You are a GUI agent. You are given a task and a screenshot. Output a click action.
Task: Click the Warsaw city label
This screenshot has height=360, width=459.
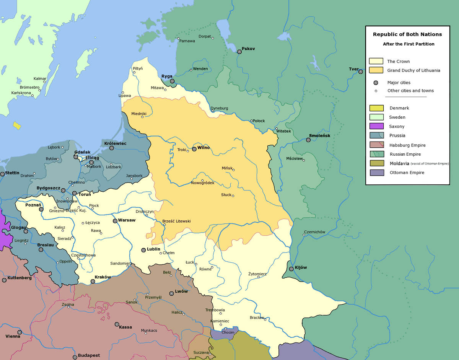[x=127, y=220]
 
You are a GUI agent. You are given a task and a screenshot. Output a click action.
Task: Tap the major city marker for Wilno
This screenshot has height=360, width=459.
[x=194, y=149]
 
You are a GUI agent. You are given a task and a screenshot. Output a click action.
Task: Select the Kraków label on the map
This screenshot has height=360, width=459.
[x=103, y=277]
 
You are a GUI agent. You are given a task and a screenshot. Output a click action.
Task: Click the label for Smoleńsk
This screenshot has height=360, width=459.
[x=319, y=136]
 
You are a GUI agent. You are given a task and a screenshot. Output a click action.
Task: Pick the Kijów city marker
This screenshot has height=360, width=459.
[x=291, y=269]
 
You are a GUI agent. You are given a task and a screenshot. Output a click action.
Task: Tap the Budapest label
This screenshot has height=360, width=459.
[x=89, y=355]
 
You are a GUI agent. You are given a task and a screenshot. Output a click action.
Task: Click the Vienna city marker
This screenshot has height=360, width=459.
[x=20, y=332]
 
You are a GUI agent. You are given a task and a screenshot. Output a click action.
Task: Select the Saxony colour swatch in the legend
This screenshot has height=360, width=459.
[x=376, y=127]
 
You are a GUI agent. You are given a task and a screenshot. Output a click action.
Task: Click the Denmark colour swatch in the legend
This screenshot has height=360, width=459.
[x=376, y=108]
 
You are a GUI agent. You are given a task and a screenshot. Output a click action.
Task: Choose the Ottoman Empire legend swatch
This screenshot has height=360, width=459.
[x=376, y=173]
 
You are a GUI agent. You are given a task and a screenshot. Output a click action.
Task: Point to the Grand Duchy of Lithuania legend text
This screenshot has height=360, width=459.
[x=413, y=70]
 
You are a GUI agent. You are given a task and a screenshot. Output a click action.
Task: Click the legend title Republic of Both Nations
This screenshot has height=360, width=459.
[x=407, y=34]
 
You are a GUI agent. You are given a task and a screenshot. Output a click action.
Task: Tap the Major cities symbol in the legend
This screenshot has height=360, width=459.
[x=376, y=83]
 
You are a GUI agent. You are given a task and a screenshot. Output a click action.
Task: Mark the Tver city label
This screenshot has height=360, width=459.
[x=353, y=69]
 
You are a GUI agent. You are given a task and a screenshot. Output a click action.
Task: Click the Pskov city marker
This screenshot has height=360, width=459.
[x=239, y=52]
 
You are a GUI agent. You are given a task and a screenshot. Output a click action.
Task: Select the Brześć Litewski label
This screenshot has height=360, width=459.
[x=176, y=221]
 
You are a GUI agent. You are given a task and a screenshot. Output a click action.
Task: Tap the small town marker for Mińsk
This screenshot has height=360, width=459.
[x=233, y=170]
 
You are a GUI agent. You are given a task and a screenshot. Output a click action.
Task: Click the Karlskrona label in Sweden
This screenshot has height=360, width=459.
[x=21, y=93]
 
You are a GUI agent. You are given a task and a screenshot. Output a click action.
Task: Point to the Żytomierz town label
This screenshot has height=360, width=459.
[x=257, y=274]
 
